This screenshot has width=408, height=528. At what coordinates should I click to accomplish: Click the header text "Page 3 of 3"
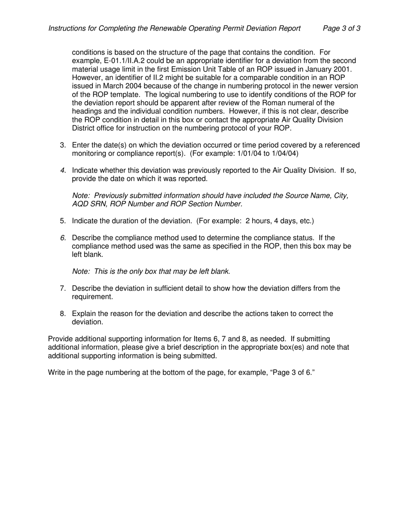(341, 28)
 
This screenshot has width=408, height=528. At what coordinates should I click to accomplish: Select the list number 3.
(63, 145)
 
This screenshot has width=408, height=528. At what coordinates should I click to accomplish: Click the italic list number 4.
(63, 170)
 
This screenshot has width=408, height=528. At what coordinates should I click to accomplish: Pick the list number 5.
(63, 221)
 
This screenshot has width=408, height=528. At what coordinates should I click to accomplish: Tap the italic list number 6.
(63, 238)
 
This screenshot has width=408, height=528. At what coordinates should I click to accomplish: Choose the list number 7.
(63, 288)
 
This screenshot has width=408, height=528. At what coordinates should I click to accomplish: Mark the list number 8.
(63, 314)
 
